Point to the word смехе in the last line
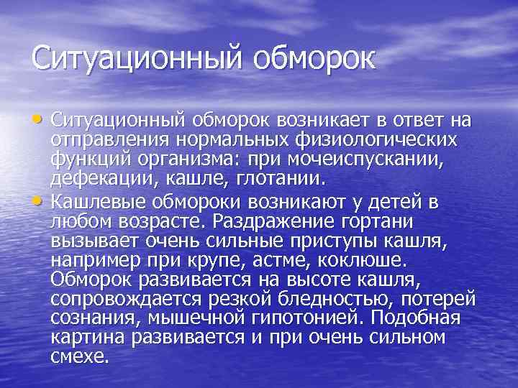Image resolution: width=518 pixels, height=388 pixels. pyautogui.click(x=79, y=357)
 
